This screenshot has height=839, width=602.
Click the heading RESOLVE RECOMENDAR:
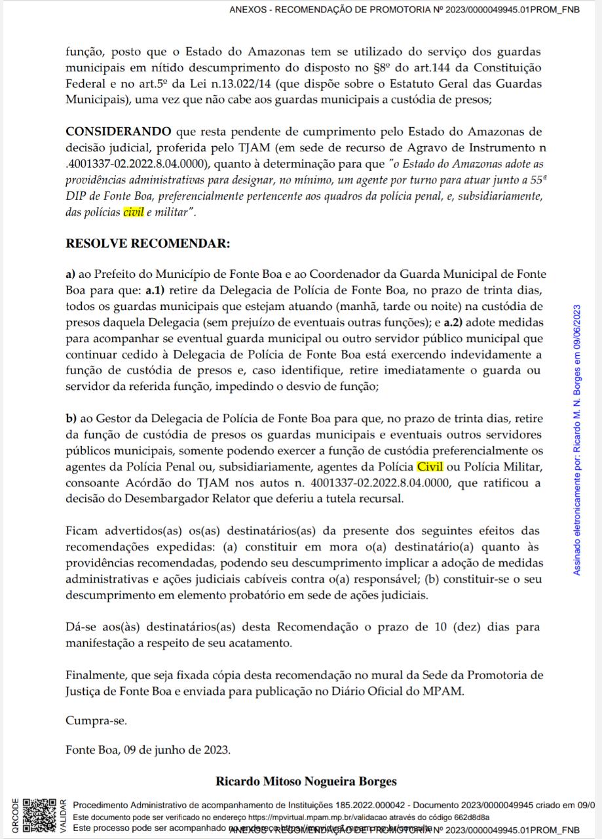[148, 244]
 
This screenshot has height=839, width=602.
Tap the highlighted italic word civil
[133, 212]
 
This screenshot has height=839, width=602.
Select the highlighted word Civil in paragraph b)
[430, 467]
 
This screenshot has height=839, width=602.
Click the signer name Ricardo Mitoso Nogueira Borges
[306, 781]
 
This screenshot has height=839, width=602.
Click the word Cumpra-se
[96, 721]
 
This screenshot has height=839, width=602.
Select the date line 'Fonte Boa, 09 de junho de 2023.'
[148, 749]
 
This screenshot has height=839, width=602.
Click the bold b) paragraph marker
[71, 418]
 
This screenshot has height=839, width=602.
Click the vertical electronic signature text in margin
[576, 439]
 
